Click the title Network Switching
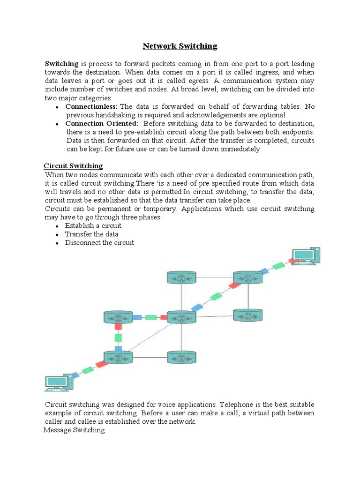[x=180, y=46]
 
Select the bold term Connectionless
[x=91, y=106]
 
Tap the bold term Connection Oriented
[x=102, y=123]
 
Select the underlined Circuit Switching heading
[x=73, y=166]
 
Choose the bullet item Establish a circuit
[x=93, y=225]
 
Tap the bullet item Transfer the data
[x=91, y=234]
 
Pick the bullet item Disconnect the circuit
[x=99, y=242]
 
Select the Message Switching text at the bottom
[x=74, y=430]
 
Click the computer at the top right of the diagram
[x=306, y=256]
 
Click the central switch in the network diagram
[x=181, y=317]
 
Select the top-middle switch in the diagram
[x=181, y=277]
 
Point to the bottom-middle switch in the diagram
[x=181, y=358]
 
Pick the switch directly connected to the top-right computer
[x=248, y=277]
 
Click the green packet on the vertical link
[x=118, y=337]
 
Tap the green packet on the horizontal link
[x=150, y=317]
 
